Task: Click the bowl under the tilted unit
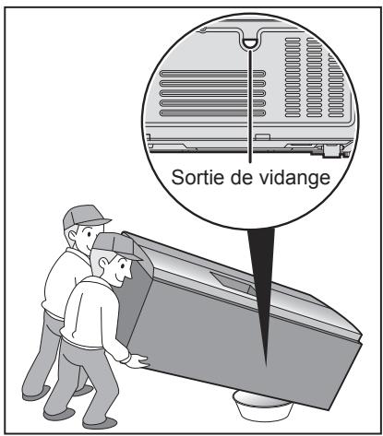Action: click(266, 405)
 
